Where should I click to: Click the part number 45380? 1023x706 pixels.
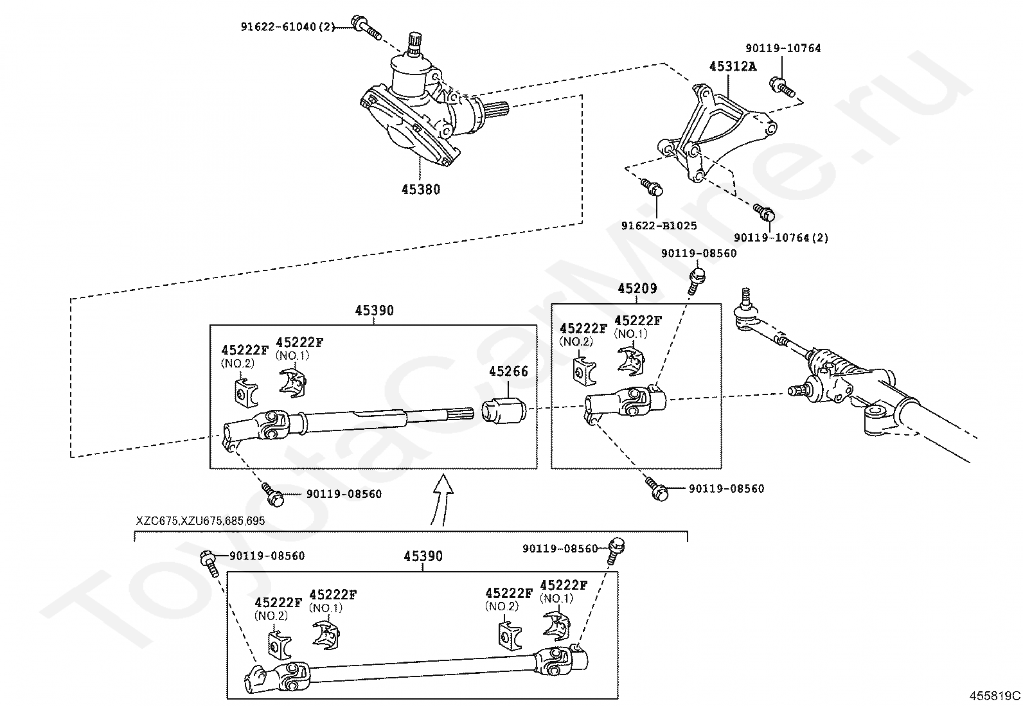(421, 189)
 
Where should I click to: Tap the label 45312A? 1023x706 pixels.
(733, 67)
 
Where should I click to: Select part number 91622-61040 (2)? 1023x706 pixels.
(288, 26)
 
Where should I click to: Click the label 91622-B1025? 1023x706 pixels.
(659, 225)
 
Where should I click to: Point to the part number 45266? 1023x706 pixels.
(508, 371)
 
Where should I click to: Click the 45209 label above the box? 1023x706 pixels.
(637, 288)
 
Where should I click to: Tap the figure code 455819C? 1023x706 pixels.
(994, 696)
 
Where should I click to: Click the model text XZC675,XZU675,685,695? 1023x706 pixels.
(200, 521)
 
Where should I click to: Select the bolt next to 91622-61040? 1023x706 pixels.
(366, 27)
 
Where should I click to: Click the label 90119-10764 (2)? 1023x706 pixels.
(781, 238)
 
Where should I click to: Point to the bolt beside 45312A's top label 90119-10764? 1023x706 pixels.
(782, 87)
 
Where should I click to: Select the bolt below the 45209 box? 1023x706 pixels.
(656, 488)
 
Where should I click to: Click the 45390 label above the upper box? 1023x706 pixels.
(374, 310)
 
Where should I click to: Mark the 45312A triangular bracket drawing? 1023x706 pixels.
(717, 132)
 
